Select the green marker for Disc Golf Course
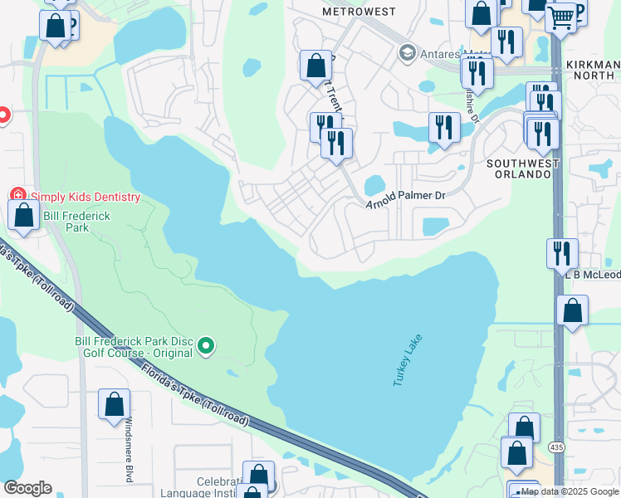pos(207,346)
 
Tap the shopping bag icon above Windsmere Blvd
pos(115,404)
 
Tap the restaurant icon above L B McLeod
pos(562,251)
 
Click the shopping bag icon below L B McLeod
pos(573,311)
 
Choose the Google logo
pos(27,488)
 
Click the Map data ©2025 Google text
pos(570,492)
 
